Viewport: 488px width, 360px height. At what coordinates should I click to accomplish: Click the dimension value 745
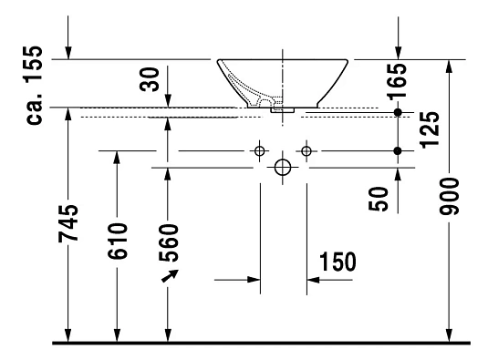(68, 223)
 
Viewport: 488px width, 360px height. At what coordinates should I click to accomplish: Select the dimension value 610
(118, 241)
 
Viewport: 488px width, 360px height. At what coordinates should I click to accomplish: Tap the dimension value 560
(169, 242)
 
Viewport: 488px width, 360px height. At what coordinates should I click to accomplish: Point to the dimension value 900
(449, 196)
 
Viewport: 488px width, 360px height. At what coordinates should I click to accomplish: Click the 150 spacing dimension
(337, 262)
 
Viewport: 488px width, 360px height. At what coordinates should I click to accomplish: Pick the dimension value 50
(379, 199)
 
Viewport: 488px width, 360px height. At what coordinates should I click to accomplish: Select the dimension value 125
(430, 129)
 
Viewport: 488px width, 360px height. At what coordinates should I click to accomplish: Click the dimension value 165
(397, 81)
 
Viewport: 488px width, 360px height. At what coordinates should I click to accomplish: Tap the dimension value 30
(149, 79)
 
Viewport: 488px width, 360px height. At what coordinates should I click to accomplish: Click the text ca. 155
(35, 86)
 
